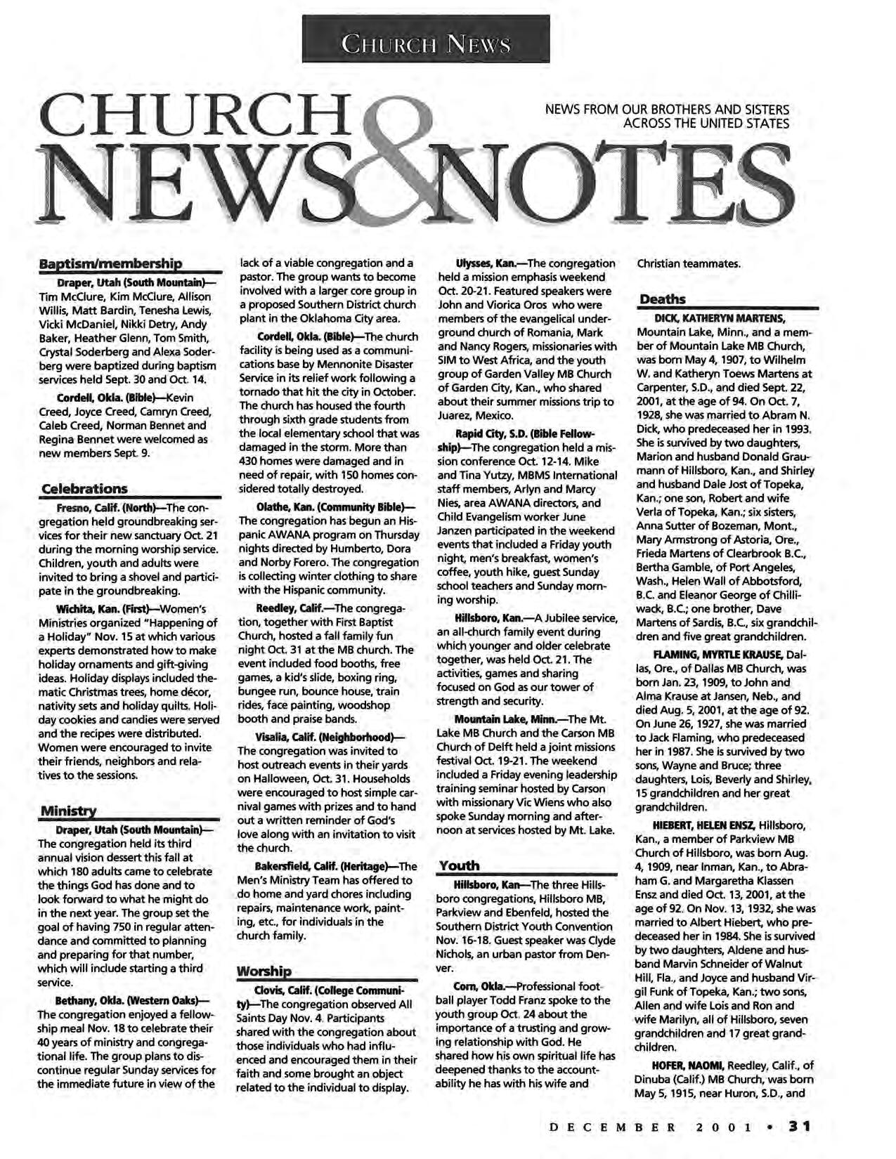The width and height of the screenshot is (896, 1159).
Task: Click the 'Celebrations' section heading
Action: (x=85, y=488)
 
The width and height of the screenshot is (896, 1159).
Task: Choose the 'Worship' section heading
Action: (x=264, y=971)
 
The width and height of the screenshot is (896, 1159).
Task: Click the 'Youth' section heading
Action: (x=459, y=865)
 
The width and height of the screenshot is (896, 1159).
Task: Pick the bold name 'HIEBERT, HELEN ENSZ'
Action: (x=705, y=824)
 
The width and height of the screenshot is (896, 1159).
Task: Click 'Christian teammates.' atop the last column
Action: (x=688, y=264)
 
